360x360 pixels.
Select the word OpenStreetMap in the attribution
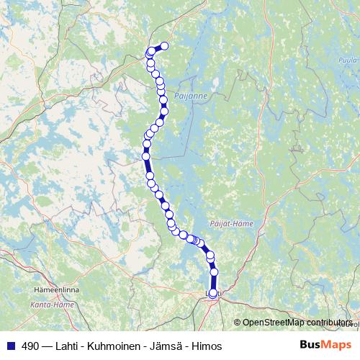tap(274, 323)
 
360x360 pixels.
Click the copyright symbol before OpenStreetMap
tap(237, 323)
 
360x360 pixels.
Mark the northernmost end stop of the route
tap(163, 46)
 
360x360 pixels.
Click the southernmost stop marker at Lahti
tap(212, 293)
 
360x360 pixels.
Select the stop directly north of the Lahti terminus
tap(214, 272)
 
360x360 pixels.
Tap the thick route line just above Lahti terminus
tap(213, 283)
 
